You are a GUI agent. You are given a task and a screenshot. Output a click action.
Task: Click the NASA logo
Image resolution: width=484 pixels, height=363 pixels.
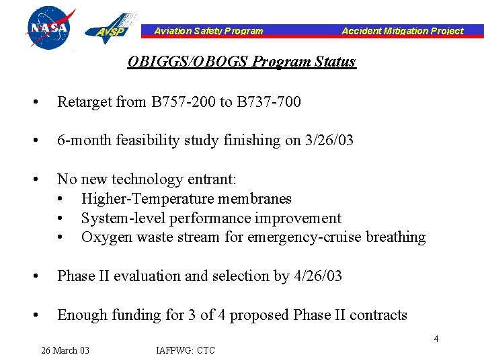point(48,28)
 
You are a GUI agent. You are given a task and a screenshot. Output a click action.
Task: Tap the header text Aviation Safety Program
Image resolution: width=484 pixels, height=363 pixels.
point(208,31)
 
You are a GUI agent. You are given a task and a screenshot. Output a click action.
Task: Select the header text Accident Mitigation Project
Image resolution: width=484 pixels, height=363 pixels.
point(402,31)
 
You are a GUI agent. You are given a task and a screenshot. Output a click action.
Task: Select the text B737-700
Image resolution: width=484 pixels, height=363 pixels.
point(268,102)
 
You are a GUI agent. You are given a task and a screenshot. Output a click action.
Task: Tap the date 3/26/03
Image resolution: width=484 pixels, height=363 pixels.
point(333,141)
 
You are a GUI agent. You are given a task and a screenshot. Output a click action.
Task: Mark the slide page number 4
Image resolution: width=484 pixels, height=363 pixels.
point(436,339)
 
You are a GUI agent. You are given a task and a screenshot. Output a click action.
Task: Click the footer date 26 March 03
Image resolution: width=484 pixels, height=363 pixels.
point(65,350)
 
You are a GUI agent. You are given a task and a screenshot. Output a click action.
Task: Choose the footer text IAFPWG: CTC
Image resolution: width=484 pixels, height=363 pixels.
point(186,350)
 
